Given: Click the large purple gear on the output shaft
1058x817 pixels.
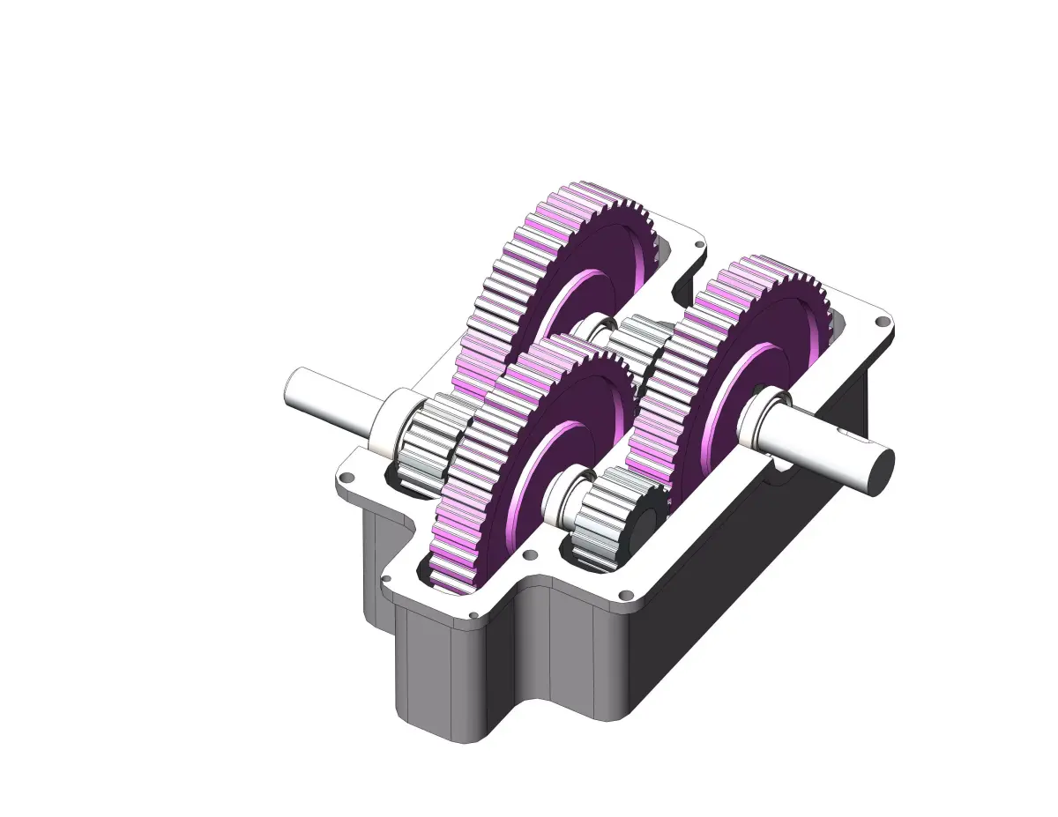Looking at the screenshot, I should [732, 370].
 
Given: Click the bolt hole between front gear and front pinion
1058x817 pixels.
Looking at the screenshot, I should [530, 555].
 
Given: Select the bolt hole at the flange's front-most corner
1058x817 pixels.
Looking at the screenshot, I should [473, 614].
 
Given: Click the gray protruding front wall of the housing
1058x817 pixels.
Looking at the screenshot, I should [441, 670].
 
